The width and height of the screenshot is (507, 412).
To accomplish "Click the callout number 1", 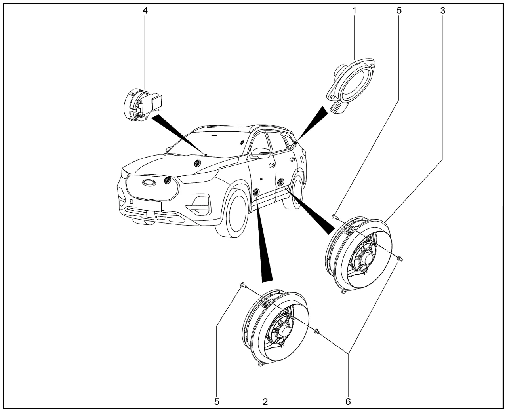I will [355, 11].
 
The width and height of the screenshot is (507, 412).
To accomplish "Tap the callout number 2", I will [265, 401].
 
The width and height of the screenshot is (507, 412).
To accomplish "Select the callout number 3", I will [442, 11].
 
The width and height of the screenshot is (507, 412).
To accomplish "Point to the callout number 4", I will [145, 11].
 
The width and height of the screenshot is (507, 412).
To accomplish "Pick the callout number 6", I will [348, 401].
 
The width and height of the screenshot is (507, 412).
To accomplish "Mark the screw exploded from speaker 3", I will [334, 216].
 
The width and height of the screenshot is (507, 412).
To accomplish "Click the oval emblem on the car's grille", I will [149, 182].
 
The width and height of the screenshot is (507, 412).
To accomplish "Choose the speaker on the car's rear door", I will [281, 182].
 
